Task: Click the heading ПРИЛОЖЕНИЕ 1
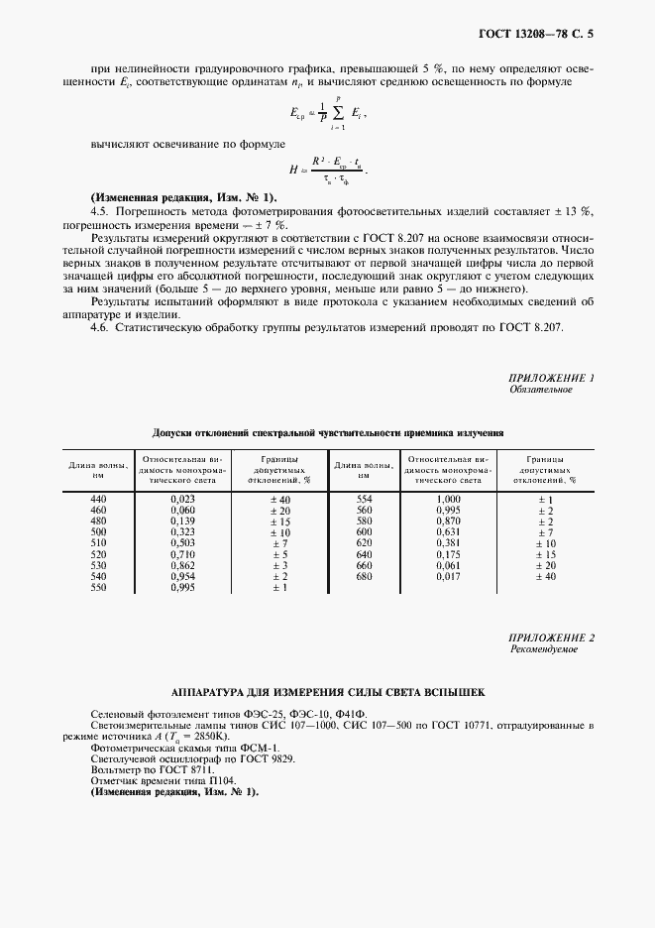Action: [551, 379]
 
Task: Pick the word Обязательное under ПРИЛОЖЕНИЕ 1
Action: [541, 391]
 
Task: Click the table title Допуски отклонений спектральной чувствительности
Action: [328, 433]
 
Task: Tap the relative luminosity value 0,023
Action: [182, 498]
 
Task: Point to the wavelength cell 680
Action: [364, 576]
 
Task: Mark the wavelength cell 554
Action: [364, 498]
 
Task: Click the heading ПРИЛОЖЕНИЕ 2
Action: [551, 638]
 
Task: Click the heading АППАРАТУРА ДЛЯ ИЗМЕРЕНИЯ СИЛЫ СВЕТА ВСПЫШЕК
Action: [328, 692]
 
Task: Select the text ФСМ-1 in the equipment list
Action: [261, 749]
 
